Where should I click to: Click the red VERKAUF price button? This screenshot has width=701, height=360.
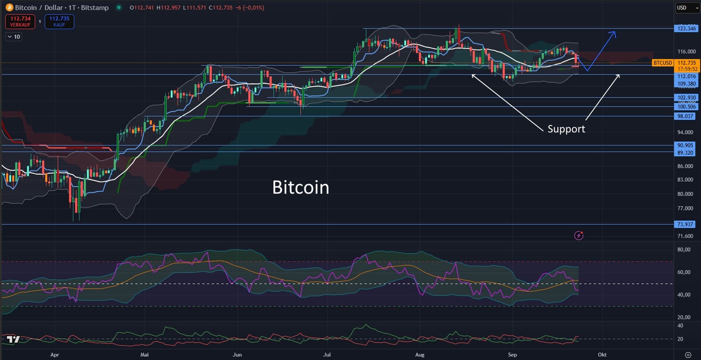[x=20, y=21]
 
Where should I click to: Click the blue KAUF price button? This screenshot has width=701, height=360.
[x=59, y=21]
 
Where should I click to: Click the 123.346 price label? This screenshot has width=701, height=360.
[x=686, y=29]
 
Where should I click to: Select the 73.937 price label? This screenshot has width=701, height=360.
[x=685, y=225]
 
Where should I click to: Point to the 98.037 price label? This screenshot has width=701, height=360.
[x=685, y=116]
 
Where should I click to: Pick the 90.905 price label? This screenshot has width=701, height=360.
[x=685, y=145]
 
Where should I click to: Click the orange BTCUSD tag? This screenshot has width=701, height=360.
[x=662, y=63]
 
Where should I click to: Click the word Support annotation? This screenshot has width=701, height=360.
[x=566, y=129]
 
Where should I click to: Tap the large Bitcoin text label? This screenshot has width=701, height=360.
[x=300, y=188]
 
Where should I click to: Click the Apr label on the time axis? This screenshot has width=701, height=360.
[x=55, y=355]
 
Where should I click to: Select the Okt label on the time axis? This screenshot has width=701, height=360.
[x=602, y=355]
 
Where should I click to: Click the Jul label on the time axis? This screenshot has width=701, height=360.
[x=327, y=355]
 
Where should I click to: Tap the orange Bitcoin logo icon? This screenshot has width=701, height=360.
[x=9, y=7]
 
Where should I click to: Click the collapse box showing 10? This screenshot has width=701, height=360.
[x=13, y=37]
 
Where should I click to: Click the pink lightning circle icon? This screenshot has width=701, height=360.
[x=579, y=235]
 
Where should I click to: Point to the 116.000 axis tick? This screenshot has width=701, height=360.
[x=686, y=52]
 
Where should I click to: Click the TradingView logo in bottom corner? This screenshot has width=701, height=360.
[x=13, y=340]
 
